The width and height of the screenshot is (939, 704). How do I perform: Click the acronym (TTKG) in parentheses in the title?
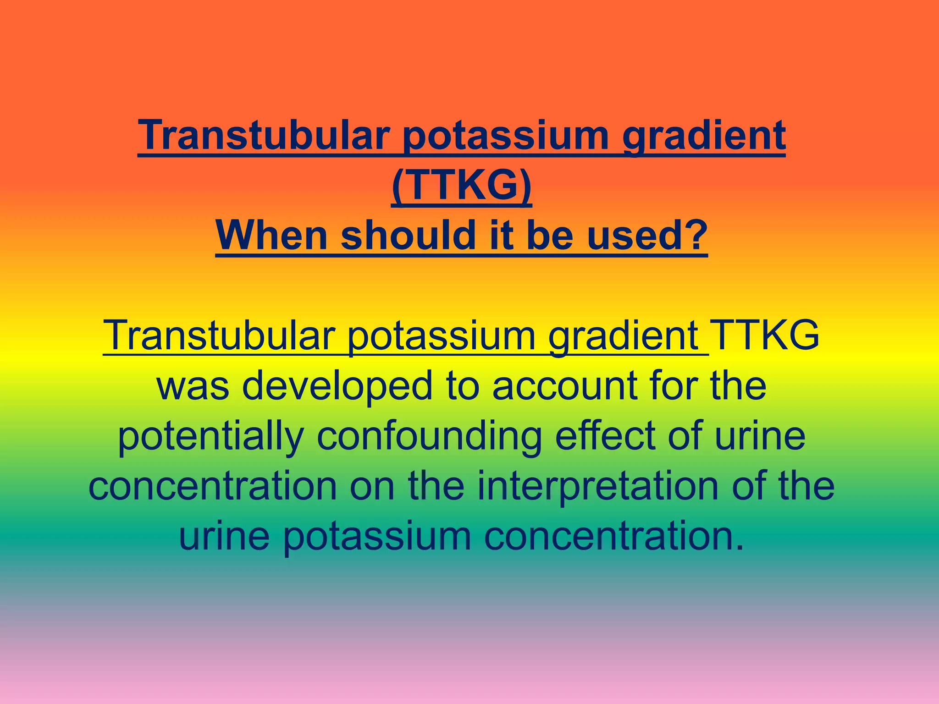pyautogui.click(x=461, y=185)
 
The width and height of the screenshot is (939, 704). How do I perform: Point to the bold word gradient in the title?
pyautogui.click(x=704, y=136)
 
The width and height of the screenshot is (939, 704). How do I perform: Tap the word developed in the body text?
pyautogui.click(x=337, y=386)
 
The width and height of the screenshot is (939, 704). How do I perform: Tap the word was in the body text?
pyautogui.click(x=193, y=386)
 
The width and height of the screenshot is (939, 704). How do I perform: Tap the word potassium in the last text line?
pyautogui.click(x=377, y=536)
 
